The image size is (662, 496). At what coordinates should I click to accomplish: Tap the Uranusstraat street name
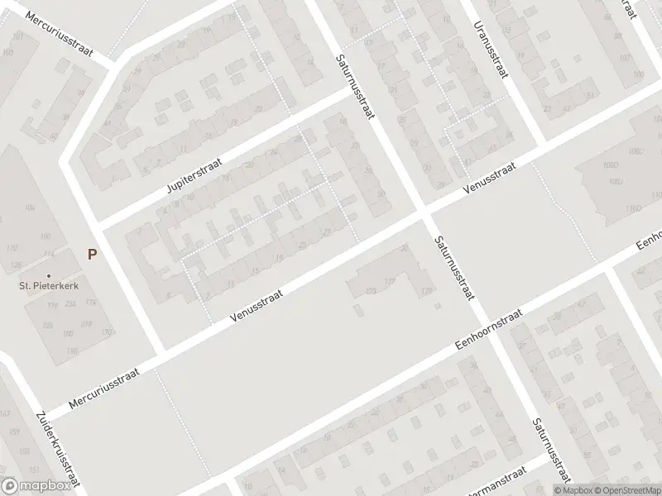(491, 48)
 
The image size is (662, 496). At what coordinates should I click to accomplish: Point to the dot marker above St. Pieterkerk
(49, 275)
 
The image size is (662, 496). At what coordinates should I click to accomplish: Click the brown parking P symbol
(93, 254)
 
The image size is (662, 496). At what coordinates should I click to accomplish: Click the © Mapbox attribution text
(573, 489)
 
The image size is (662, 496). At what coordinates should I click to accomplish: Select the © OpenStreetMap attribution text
(626, 489)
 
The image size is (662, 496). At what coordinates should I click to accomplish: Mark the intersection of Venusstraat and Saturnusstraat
(424, 212)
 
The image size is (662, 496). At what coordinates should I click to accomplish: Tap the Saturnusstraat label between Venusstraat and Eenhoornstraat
(453, 271)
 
